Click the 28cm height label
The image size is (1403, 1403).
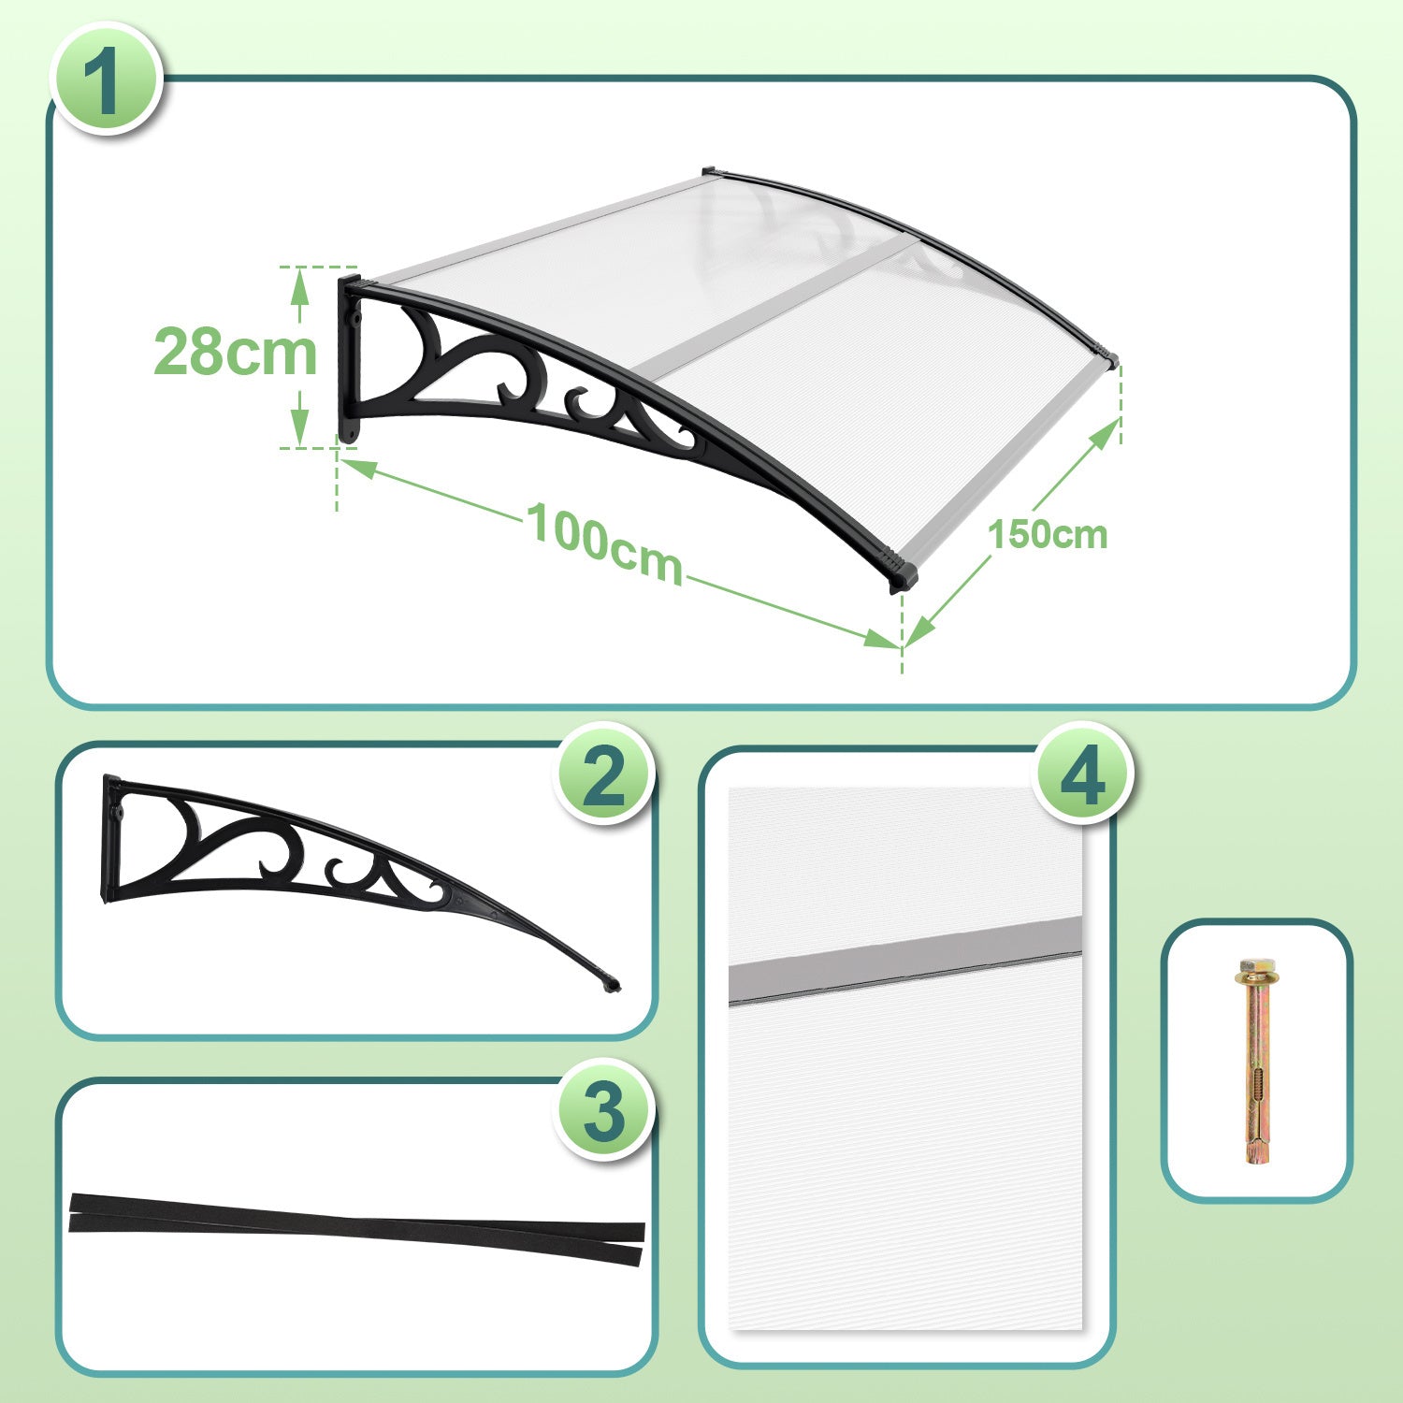236,353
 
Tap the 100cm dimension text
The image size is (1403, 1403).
605,543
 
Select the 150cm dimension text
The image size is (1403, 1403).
1048,535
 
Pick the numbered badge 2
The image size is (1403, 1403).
603,774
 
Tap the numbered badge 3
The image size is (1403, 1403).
603,1110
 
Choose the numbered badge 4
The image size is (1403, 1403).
1083,774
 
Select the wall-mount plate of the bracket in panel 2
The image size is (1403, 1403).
110,838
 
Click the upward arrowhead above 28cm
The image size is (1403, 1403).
299,286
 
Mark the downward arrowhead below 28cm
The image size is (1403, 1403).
299,427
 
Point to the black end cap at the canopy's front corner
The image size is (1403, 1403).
902,571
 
